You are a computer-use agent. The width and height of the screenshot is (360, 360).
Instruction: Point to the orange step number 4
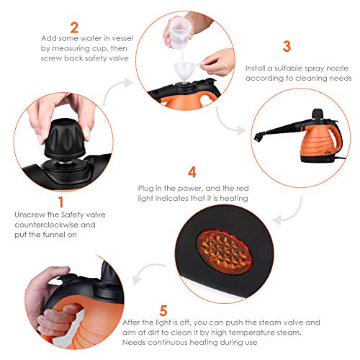click(x=191, y=172)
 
